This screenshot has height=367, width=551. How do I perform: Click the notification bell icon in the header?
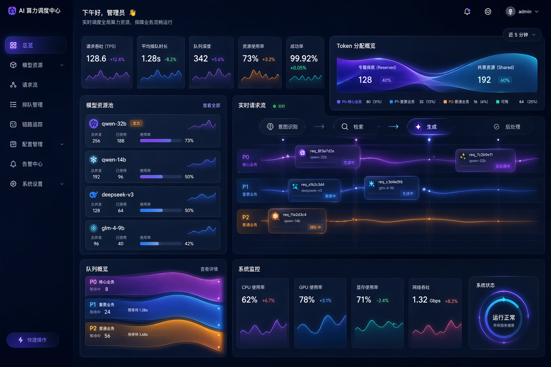click(x=467, y=11)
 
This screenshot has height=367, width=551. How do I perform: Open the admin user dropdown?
click(x=522, y=11)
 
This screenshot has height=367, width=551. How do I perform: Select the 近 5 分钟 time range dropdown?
click(x=522, y=35)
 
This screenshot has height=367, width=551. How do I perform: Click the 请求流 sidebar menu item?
click(x=30, y=85)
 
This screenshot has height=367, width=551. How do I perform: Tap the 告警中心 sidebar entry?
click(x=32, y=164)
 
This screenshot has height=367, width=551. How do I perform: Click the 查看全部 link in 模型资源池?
click(x=211, y=105)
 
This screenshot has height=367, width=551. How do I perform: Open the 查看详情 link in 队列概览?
click(x=209, y=269)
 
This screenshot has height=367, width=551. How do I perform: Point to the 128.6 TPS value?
click(x=96, y=58)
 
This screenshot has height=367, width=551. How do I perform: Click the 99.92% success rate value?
click(x=303, y=58)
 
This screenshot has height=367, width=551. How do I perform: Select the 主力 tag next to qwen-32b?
click(x=136, y=123)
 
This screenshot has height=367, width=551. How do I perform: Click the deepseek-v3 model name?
click(x=117, y=195)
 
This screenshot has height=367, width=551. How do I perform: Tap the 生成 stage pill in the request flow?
click(x=430, y=127)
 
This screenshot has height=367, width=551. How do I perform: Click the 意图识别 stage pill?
click(x=283, y=127)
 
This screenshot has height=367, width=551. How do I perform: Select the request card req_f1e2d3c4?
click(x=297, y=221)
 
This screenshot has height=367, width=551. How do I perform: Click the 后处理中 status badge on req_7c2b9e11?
click(x=503, y=166)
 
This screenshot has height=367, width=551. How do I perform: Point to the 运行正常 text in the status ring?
click(x=504, y=318)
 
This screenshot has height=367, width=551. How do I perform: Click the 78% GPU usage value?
click(x=307, y=300)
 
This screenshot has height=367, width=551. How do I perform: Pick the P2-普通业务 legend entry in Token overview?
click(x=458, y=102)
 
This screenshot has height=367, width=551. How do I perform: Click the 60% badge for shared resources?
click(x=505, y=80)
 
